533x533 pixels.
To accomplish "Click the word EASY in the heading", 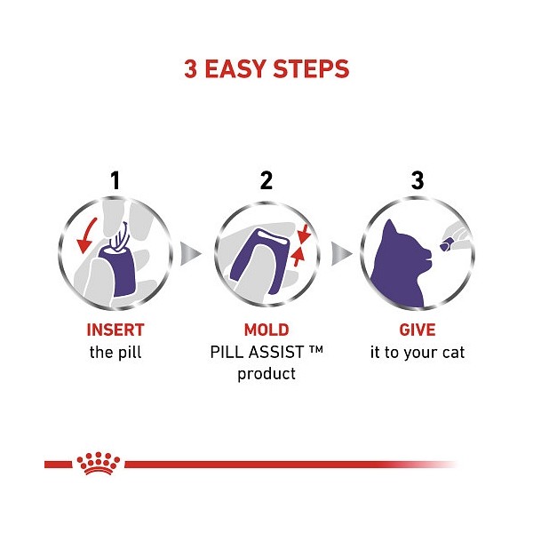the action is click(x=235, y=68).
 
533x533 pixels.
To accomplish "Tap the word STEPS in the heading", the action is click(x=311, y=68).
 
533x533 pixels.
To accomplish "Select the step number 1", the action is click(x=115, y=180).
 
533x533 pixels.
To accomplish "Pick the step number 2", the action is click(x=266, y=180).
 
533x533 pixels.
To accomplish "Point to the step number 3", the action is click(x=418, y=180).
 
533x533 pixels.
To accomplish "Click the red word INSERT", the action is click(x=115, y=330).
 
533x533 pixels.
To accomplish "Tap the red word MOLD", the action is click(x=266, y=330).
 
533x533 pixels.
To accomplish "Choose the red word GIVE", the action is click(x=418, y=330).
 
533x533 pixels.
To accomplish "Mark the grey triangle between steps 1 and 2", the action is click(x=190, y=253).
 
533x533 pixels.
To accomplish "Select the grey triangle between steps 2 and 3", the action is click(x=341, y=253).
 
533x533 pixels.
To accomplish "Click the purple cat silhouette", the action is click(x=402, y=264).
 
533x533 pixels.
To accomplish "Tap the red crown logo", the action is click(x=99, y=463).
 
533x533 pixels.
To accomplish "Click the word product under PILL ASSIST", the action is click(x=266, y=374).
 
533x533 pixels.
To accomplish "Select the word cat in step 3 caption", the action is click(x=453, y=353).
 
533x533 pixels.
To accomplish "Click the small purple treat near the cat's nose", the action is click(x=446, y=245).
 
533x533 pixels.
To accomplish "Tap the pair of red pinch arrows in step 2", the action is click(x=300, y=245).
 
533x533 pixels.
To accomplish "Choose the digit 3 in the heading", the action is click(x=190, y=68).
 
